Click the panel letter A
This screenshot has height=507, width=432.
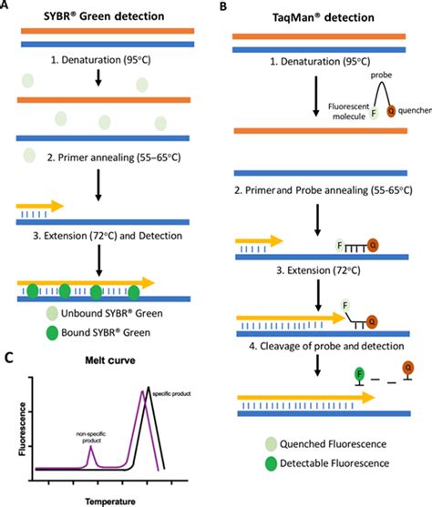(5, 5)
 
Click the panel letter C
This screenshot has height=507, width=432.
(7, 360)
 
